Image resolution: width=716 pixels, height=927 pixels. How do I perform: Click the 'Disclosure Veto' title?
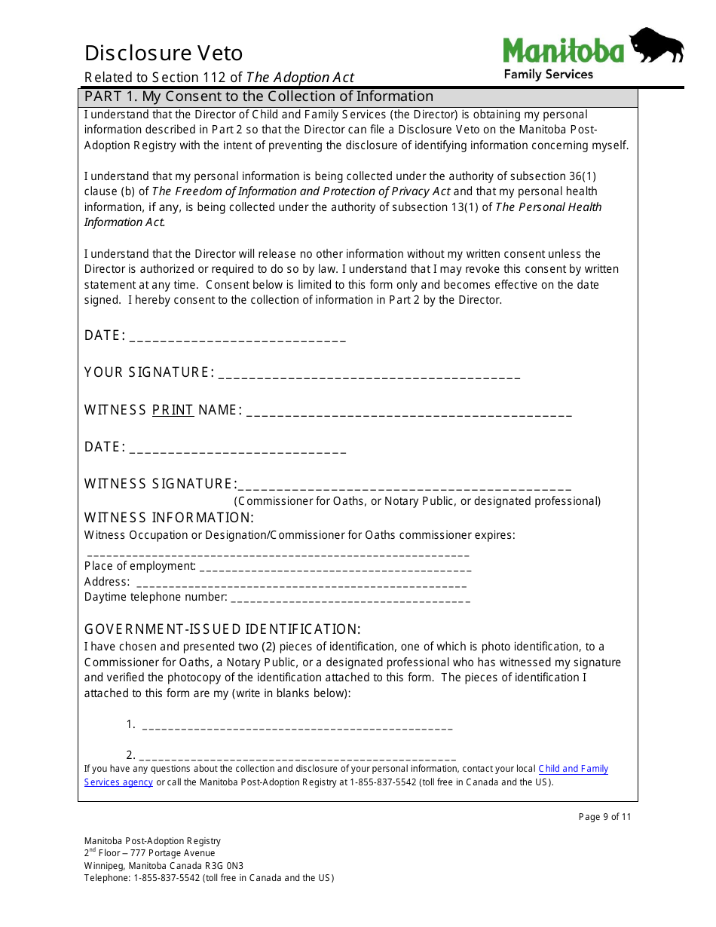pyautogui.click(x=164, y=53)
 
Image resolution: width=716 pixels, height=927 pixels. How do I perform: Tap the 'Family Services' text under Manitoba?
pyautogui.click(x=548, y=74)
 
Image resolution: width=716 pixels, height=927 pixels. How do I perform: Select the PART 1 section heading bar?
pyautogui.click(x=358, y=96)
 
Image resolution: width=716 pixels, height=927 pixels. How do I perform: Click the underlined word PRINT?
pyautogui.click(x=173, y=410)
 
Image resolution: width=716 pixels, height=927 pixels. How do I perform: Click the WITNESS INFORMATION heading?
pyautogui.click(x=169, y=518)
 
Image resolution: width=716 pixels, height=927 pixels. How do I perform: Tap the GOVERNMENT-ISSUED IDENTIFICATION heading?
pyautogui.click(x=222, y=629)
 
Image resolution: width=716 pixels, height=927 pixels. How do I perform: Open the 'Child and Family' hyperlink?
pyautogui.click(x=573, y=769)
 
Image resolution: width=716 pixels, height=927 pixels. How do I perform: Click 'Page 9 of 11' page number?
pyautogui.click(x=604, y=817)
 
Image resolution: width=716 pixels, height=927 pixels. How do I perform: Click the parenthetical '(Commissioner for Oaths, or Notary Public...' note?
pyautogui.click(x=417, y=501)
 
